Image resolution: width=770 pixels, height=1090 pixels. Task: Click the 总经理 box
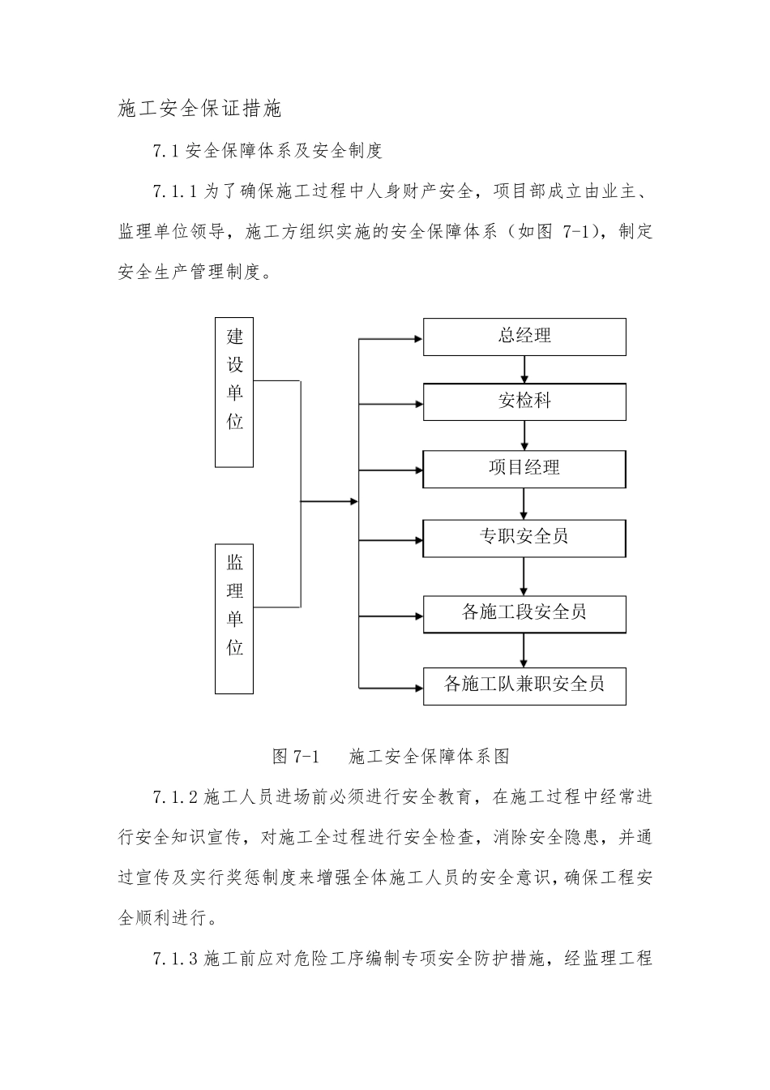(524, 337)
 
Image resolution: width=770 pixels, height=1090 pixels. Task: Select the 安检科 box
(524, 401)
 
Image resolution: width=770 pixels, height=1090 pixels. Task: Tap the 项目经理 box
(524, 469)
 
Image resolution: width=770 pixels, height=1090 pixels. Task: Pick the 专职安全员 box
(524, 537)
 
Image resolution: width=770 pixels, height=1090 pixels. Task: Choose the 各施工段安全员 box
(524, 613)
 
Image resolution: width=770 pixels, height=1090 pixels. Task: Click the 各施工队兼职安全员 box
(524, 684)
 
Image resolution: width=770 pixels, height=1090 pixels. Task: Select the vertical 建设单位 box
(235, 393)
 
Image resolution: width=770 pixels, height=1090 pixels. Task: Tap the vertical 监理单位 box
(235, 619)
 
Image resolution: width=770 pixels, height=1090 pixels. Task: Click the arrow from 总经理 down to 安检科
(524, 369)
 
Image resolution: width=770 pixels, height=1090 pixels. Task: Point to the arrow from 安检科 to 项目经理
(524, 436)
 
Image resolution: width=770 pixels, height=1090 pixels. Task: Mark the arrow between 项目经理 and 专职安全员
(524, 504)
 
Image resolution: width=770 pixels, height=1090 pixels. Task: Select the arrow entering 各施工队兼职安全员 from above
(524, 650)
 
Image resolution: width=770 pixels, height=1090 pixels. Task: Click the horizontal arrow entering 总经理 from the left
(391, 337)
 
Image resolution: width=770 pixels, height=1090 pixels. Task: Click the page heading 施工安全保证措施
(199, 109)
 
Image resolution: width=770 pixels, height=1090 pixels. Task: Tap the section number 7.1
(165, 151)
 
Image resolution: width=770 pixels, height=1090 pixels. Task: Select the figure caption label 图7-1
(297, 757)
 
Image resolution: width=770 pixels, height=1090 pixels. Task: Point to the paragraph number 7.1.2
(175, 798)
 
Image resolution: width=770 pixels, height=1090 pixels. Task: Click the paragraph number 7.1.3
(175, 959)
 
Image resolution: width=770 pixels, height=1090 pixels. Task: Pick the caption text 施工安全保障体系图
(430, 757)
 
